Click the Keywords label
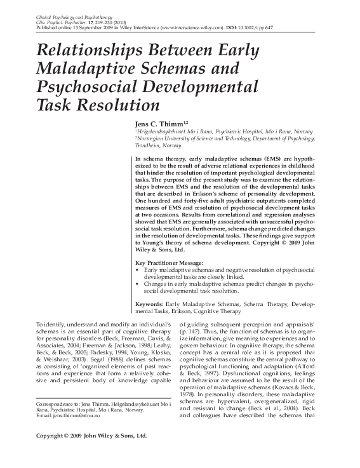tap(150, 304)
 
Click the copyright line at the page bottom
tap(91, 454)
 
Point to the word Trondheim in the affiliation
tap(150, 144)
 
